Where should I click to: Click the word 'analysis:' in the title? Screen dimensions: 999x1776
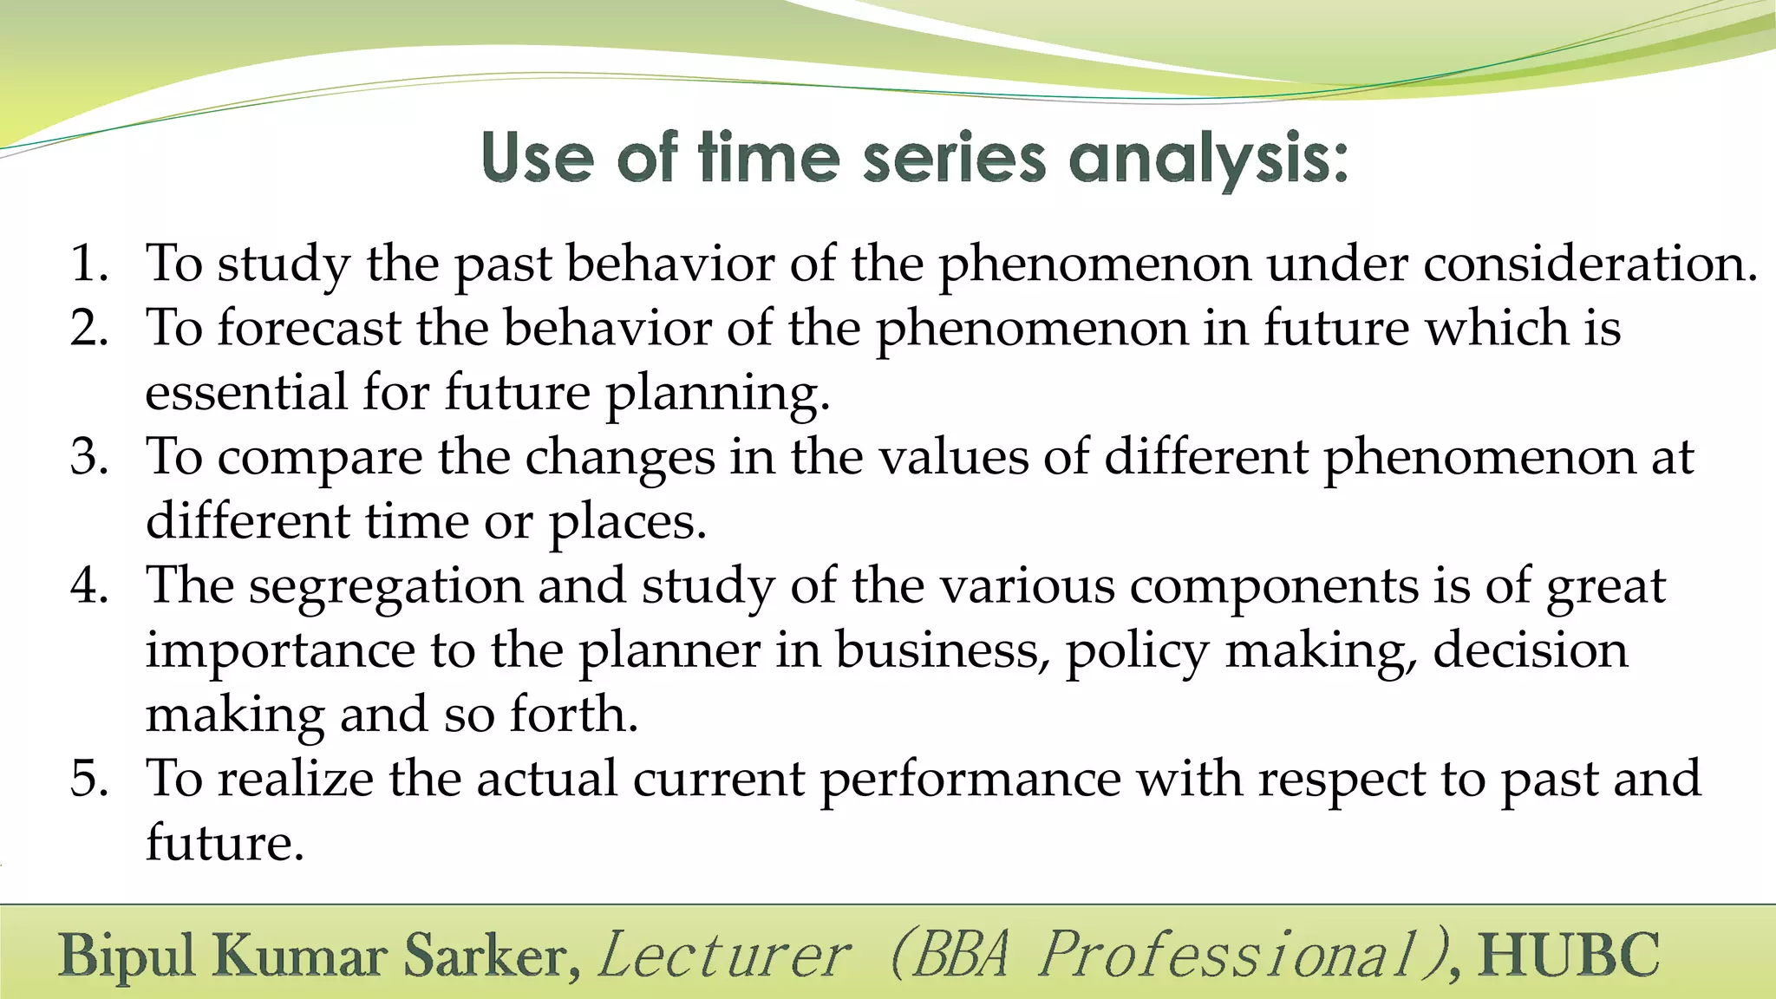tap(1208, 160)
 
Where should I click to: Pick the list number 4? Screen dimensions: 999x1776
tap(88, 585)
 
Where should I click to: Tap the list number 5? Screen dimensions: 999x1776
tap(88, 778)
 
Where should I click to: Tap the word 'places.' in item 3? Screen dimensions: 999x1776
tap(628, 523)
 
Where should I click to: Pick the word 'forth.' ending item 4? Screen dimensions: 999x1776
tap(573, 715)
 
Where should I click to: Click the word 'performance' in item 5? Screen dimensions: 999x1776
tap(970, 780)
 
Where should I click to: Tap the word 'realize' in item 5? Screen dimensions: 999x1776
tap(295, 778)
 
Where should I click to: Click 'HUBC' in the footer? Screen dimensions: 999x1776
tap(1569, 956)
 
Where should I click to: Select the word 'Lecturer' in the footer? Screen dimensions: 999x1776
tap(724, 956)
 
